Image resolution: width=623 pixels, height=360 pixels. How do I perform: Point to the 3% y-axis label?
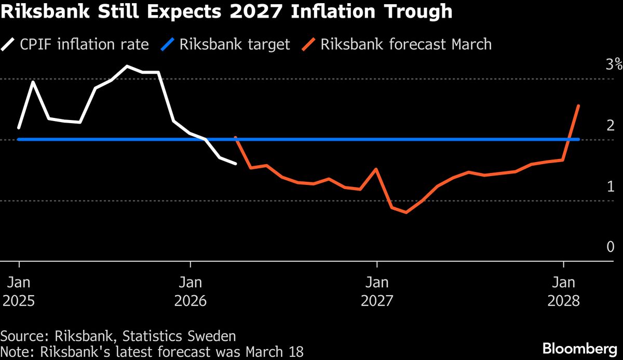(613, 64)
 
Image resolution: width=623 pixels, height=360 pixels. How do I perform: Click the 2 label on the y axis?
(611, 125)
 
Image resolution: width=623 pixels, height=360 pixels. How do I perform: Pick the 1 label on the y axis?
(611, 186)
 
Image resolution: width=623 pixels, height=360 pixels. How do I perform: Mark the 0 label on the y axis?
(611, 247)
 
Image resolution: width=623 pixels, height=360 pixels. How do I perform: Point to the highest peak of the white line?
(127, 66)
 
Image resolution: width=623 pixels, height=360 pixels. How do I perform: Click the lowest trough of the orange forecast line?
(405, 212)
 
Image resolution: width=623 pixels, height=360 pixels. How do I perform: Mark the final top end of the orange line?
(578, 105)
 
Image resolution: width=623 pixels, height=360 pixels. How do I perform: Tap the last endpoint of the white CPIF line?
(236, 164)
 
